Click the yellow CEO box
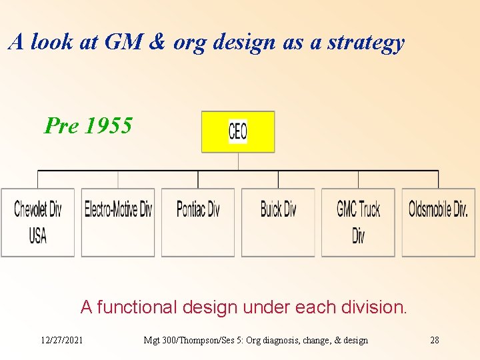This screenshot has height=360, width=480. tap(238, 131)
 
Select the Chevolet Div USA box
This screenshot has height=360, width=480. tap(38, 222)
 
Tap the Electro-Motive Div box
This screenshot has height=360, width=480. tap(118, 222)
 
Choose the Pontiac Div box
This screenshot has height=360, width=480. tap(198, 222)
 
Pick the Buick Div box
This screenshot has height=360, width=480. tap(278, 222)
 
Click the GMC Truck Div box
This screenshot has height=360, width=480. tap(358, 222)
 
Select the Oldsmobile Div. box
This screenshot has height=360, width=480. tap(438, 222)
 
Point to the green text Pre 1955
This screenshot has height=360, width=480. tap(88, 125)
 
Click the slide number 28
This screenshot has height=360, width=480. tap(435, 341)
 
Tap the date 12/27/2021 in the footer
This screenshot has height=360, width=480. tap(62, 341)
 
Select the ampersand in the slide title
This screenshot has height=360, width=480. tap(157, 42)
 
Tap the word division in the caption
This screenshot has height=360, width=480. tap(375, 307)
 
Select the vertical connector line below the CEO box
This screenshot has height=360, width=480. tap(238, 161)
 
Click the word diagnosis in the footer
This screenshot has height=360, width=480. tap(283, 341)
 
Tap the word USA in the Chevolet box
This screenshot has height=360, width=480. tap(38, 235)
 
